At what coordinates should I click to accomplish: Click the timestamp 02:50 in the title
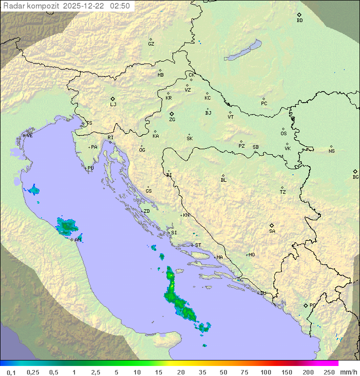120,6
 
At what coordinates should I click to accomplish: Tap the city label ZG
172,120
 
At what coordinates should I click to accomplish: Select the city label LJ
113,104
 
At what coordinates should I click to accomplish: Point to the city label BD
299,21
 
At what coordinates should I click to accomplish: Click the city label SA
272,231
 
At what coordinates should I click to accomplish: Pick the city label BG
355,177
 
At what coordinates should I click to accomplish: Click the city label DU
262,293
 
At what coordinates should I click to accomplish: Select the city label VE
29,135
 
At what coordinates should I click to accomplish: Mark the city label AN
77,240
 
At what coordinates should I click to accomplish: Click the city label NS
331,151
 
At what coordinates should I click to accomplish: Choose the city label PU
90,168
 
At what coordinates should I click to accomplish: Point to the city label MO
251,254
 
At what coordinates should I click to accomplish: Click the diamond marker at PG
306,305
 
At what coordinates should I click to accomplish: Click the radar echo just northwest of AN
66,227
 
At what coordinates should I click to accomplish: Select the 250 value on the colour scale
329,372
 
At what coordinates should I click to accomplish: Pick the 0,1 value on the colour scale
11,372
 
